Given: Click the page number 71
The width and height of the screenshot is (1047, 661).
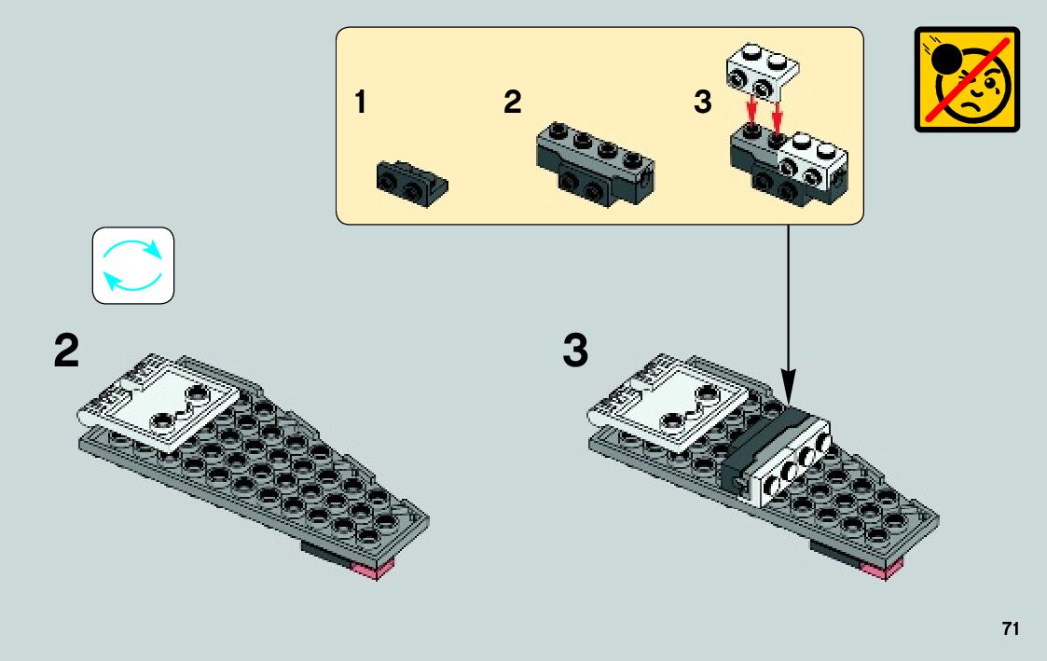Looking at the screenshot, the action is click(x=1010, y=628).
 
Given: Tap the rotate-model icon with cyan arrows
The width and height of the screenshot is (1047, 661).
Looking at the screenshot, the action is click(x=132, y=266).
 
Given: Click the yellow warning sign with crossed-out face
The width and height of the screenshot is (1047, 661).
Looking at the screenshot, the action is click(x=967, y=79).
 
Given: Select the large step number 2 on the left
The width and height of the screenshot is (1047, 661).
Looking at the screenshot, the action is click(x=66, y=352).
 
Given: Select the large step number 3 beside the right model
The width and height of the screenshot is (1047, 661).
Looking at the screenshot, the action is click(x=576, y=352).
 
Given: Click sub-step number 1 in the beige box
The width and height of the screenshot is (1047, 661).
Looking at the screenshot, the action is click(x=360, y=103).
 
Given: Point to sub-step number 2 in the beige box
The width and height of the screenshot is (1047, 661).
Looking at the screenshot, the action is click(x=512, y=103).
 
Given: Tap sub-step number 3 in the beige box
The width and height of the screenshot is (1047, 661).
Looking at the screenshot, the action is click(x=702, y=103).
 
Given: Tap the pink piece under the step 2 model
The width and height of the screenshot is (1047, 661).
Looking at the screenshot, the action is click(x=377, y=571).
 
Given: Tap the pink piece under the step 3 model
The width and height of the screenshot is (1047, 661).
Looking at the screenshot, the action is click(x=885, y=570).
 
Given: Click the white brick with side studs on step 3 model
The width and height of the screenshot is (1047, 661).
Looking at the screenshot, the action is click(x=792, y=459).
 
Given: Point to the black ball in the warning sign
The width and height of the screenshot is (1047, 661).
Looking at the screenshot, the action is click(x=946, y=60).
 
